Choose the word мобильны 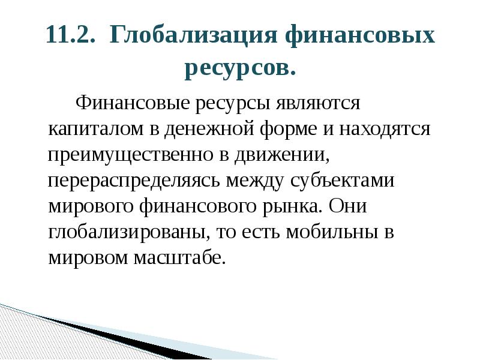[x=330, y=232]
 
